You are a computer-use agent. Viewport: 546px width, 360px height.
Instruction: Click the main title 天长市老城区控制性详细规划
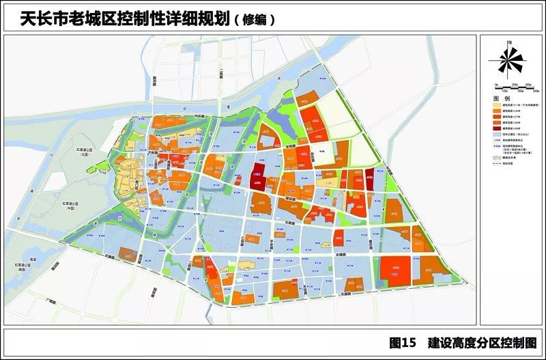tap(117, 18)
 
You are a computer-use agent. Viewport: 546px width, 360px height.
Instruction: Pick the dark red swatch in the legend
tap(496, 128)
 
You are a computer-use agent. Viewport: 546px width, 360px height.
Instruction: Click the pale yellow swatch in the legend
tap(496, 105)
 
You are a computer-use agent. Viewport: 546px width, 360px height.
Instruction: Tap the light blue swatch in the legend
tap(496, 135)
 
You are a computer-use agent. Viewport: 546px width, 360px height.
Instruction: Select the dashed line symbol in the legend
tap(496, 164)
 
